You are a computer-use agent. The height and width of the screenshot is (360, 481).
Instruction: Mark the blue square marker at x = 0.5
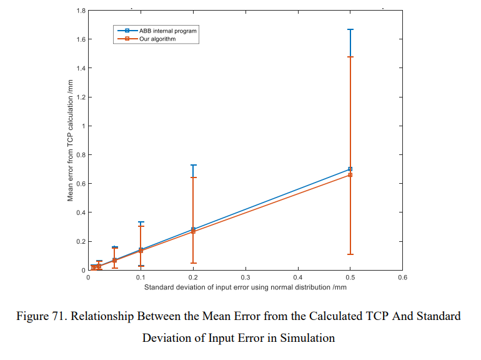pyautogui.click(x=350, y=169)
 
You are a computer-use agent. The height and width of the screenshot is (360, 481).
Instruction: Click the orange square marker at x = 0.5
pyautogui.click(x=350, y=175)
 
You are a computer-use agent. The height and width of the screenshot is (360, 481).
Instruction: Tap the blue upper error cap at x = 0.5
pyautogui.click(x=350, y=29)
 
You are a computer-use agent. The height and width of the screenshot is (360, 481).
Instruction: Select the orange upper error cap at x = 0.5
pyautogui.click(x=350, y=57)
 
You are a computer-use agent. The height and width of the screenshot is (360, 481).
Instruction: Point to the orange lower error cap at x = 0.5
pyautogui.click(x=350, y=254)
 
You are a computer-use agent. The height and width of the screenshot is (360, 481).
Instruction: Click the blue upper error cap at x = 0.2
pyautogui.click(x=194, y=165)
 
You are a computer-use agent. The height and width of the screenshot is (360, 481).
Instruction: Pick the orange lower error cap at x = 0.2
pyautogui.click(x=194, y=263)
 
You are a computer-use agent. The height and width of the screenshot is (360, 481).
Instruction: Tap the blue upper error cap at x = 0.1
pyautogui.click(x=141, y=222)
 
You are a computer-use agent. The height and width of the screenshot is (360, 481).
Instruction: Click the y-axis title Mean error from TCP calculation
pyautogui.click(x=71, y=141)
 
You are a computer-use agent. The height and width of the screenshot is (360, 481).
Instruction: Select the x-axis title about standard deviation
pyautogui.click(x=245, y=287)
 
